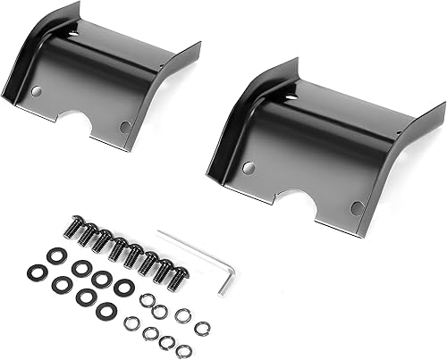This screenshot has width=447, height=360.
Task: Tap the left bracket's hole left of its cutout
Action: [x=37, y=91]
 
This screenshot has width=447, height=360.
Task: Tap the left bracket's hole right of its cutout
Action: [x=125, y=126]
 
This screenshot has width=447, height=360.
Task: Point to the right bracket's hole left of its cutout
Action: [x=249, y=167]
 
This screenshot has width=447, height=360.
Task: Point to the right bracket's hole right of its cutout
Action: [x=357, y=207]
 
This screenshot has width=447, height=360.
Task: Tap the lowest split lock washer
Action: [x=184, y=348]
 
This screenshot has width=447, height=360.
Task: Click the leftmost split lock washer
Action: [x=131, y=322]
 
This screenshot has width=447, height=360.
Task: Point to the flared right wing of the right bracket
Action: [x=420, y=134]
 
